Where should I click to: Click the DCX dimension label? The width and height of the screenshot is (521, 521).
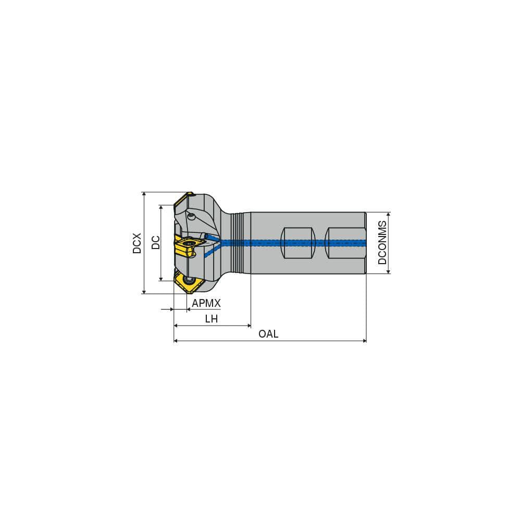[137, 243]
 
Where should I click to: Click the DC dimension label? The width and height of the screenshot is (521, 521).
[155, 243]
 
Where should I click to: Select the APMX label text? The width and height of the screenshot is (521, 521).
[206, 303]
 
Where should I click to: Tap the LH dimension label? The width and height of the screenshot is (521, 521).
[211, 319]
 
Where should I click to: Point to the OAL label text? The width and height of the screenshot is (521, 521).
[268, 334]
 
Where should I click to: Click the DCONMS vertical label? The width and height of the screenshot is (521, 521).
[383, 243]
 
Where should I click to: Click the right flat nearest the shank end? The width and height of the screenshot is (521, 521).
[341, 243]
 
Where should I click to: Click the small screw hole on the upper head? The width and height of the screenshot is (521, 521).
[192, 215]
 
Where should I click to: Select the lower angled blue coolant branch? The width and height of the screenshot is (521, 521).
[211, 252]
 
